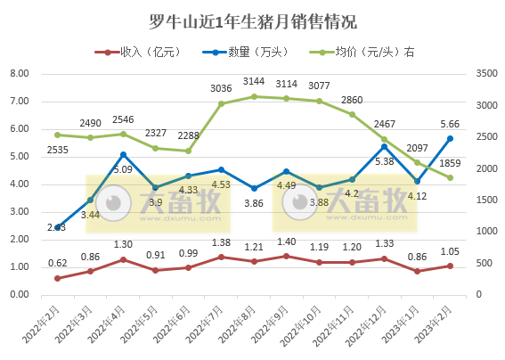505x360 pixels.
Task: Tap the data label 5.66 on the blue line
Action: point(451,124)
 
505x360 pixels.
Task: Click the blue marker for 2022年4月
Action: point(123,155)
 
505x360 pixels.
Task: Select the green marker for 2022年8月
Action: point(254,96)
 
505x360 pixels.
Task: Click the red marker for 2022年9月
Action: point(286,256)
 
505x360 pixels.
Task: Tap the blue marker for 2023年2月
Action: point(450,138)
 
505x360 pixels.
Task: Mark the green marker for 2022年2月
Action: point(58,135)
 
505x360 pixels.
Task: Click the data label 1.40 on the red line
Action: point(286,241)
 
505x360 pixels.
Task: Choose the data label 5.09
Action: point(123,169)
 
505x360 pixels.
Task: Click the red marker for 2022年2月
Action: point(58,278)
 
